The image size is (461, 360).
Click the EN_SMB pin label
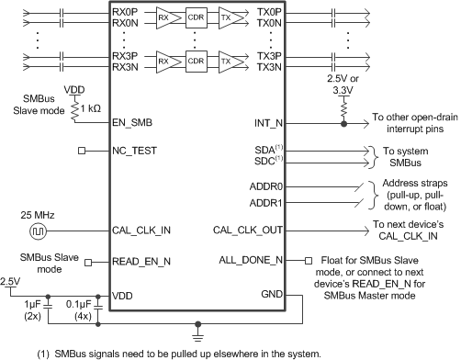[x=132, y=119]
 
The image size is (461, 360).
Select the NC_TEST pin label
[x=134, y=149]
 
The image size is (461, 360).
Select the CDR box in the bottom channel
[x=193, y=61]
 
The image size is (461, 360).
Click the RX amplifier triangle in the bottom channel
[x=163, y=61]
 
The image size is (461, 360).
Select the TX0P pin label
[x=269, y=9]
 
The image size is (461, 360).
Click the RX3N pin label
[x=126, y=67]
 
